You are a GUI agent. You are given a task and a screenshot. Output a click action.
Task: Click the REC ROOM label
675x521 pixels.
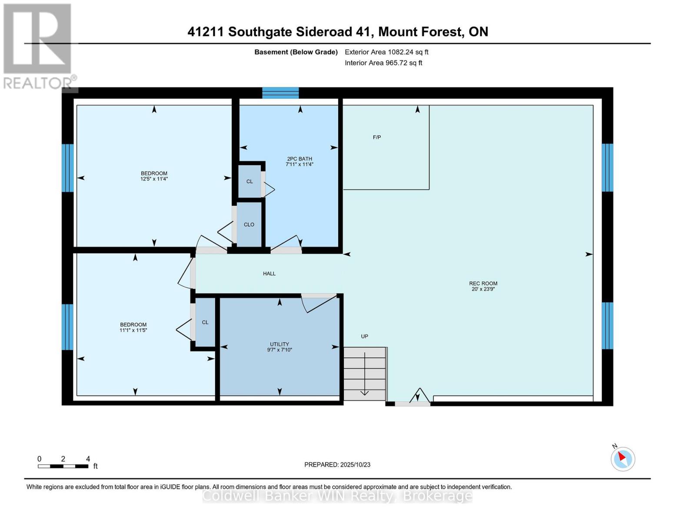pos(483,284)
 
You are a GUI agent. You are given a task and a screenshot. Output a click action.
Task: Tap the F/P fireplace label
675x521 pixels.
pos(377,137)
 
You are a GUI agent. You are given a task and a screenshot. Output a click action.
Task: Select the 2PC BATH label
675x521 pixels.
pos(299,159)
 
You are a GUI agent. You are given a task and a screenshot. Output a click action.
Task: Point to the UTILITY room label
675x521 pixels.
pos(279,344)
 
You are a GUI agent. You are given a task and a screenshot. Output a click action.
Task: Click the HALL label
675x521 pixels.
pos(269,274)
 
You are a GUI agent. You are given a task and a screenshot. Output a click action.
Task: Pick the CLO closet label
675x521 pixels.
pos(249,224)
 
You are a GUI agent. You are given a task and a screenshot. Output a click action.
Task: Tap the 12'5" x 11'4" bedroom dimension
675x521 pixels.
pos(154,178)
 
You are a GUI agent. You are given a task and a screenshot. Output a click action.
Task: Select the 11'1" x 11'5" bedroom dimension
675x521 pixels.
pos(133,330)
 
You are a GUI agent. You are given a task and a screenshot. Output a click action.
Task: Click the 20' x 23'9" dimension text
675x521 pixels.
pos(483,289)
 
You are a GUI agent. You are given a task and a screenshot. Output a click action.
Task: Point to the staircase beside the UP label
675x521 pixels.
pos(364,373)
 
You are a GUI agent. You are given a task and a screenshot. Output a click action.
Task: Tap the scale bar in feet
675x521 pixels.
pos(63,466)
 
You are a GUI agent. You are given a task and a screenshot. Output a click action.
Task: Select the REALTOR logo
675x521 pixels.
pos(38,46)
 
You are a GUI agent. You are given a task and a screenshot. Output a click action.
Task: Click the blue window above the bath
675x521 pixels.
pos(280,92)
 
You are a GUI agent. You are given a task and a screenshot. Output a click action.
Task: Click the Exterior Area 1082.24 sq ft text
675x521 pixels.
pos(386,52)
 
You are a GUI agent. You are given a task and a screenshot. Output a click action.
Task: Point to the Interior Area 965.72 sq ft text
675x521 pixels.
pos(383,63)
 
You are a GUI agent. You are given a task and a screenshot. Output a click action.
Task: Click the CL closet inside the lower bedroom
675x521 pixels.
pos(205,322)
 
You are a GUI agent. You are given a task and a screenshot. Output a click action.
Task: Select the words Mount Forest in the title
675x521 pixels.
pos(420,32)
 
